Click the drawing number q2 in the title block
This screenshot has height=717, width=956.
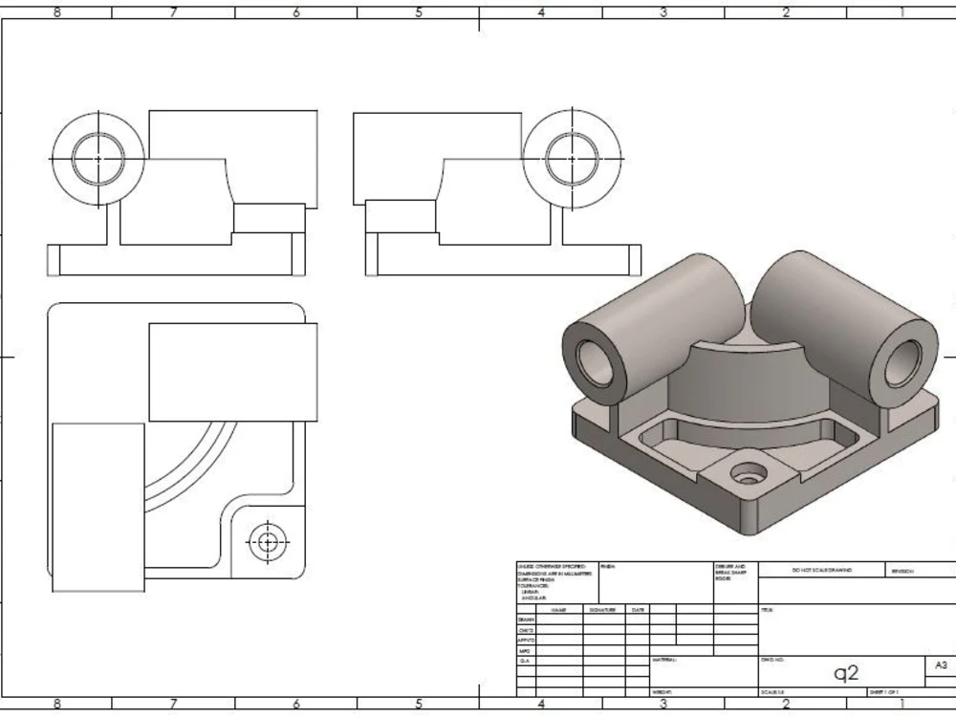pos(846,673)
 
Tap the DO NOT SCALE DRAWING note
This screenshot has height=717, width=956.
pos(821,570)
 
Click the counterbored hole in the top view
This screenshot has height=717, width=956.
pos(267,542)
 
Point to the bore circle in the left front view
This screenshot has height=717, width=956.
pos(97,157)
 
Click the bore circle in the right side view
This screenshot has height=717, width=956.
pos(572,157)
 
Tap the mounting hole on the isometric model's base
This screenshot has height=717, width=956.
pos(746,472)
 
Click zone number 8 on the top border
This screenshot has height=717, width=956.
pos(56,12)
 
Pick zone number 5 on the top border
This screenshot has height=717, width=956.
pos(419,12)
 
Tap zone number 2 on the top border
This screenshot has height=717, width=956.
pos(786,12)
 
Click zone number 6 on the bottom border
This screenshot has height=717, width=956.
pos(296,706)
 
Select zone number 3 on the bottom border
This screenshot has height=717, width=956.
pos(663,706)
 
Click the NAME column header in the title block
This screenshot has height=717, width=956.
pos(559,609)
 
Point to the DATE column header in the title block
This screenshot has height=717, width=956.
pos(638,609)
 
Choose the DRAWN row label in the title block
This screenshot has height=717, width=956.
pos(525,619)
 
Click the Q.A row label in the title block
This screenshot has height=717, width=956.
pos(525,661)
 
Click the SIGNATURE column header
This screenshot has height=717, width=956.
pos(602,609)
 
